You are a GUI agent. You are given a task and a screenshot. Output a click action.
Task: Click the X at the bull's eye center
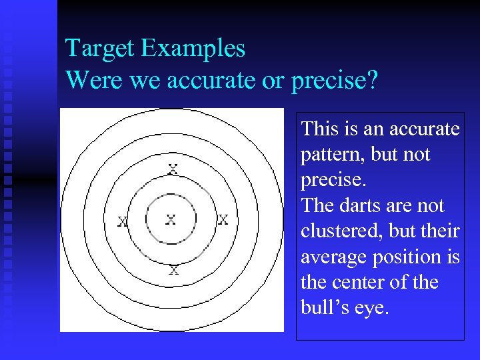click(171, 219)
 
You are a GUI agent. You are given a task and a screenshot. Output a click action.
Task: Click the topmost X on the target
click(173, 169)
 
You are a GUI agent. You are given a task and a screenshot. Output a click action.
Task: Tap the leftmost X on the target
click(123, 221)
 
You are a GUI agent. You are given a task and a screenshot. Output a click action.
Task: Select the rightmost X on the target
click(223, 219)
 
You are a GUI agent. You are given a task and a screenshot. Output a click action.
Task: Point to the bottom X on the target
click(173, 270)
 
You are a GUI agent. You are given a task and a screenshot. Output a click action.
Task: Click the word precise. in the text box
click(327, 181)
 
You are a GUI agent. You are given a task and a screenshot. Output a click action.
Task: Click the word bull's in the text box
click(323, 308)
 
